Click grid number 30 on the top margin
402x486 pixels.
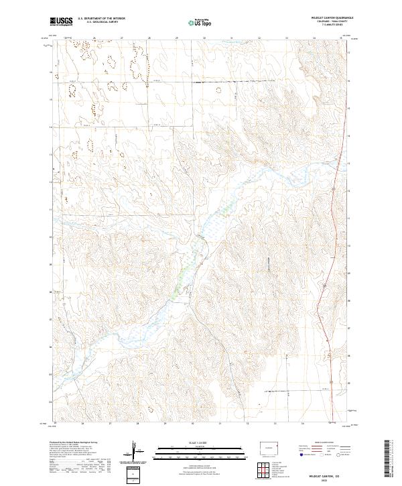tap(204, 38)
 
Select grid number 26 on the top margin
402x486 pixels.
tap(94, 38)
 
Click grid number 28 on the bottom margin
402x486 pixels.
tap(137, 424)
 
